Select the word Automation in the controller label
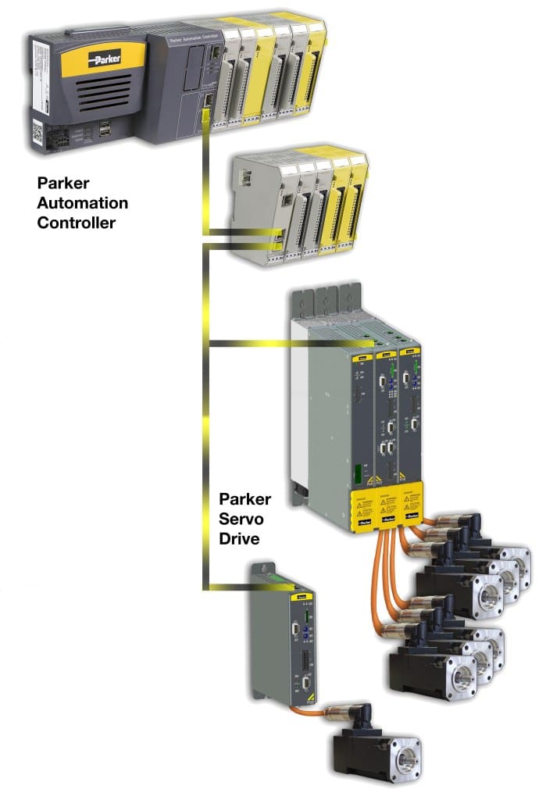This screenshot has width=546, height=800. pos(82,203)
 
